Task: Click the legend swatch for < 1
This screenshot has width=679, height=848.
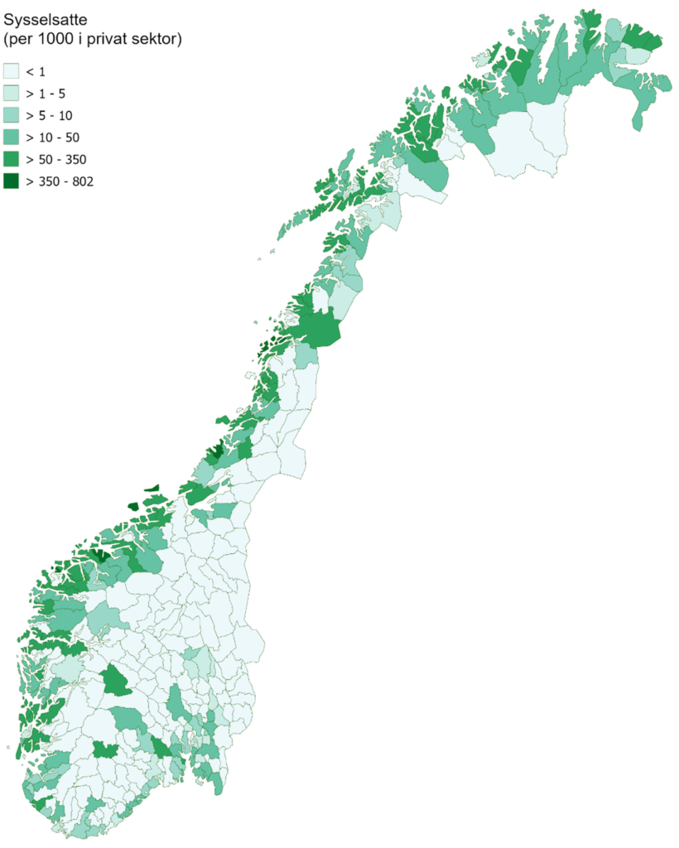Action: [x=11, y=71]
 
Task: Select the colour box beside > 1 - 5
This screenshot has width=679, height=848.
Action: [x=11, y=93]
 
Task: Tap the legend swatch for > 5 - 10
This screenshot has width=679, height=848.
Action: [x=11, y=115]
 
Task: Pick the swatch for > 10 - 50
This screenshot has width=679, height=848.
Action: [x=11, y=137]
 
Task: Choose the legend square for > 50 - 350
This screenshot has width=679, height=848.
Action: [x=11, y=159]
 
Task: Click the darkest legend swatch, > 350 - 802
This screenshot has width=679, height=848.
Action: [x=11, y=181]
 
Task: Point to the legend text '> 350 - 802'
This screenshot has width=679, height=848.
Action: [x=60, y=181]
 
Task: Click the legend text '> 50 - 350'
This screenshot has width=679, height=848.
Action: [x=56, y=159]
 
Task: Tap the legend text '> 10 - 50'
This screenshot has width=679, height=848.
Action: [x=53, y=137]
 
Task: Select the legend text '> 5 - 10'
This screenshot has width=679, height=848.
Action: [x=50, y=115]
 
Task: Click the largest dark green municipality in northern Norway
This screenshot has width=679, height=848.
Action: [x=318, y=328]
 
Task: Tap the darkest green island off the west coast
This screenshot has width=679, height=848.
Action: [x=132, y=507]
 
